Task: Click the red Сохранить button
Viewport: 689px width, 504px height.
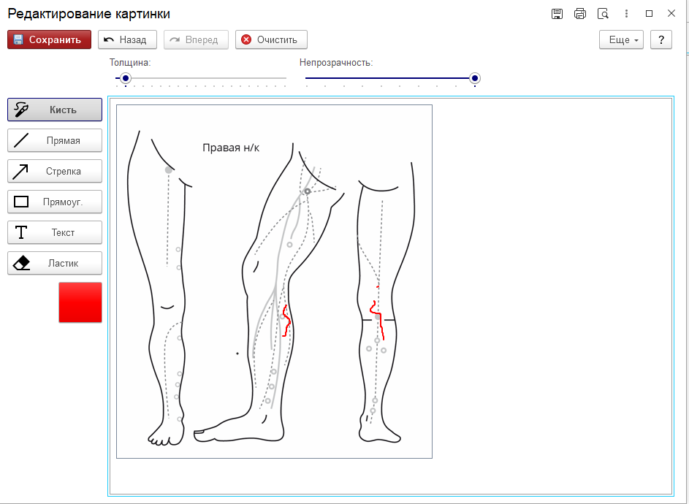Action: point(49,39)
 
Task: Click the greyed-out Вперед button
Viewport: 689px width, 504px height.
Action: point(196,39)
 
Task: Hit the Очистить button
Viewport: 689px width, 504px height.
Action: point(271,39)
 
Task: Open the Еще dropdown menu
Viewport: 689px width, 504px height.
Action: point(621,39)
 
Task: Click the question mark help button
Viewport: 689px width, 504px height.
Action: point(661,39)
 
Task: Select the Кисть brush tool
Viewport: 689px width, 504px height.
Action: point(55,110)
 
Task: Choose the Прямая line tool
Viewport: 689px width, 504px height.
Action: point(55,140)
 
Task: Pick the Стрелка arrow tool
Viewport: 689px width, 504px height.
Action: point(55,171)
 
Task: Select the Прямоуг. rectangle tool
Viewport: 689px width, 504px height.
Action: point(55,202)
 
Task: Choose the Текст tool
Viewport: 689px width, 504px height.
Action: point(55,232)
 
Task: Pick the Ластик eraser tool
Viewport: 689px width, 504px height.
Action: point(55,263)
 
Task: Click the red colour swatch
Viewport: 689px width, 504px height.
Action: point(80,302)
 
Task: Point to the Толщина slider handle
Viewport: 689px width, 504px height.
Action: point(126,78)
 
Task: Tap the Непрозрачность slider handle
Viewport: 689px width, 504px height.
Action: point(475,78)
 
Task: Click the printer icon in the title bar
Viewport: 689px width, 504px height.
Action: point(580,14)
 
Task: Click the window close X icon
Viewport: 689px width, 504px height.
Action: point(671,13)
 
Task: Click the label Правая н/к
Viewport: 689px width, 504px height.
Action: point(231,148)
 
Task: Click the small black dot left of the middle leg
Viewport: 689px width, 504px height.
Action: point(237,354)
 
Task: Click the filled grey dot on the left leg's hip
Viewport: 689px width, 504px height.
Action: point(168,169)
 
